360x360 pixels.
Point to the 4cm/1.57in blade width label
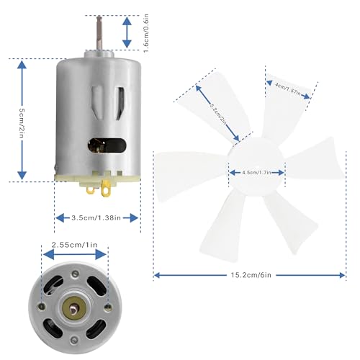coord(292,87)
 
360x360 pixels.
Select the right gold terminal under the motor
coord(108,191)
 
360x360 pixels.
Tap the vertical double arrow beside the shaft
coord(126,32)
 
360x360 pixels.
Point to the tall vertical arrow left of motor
coord(22,120)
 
